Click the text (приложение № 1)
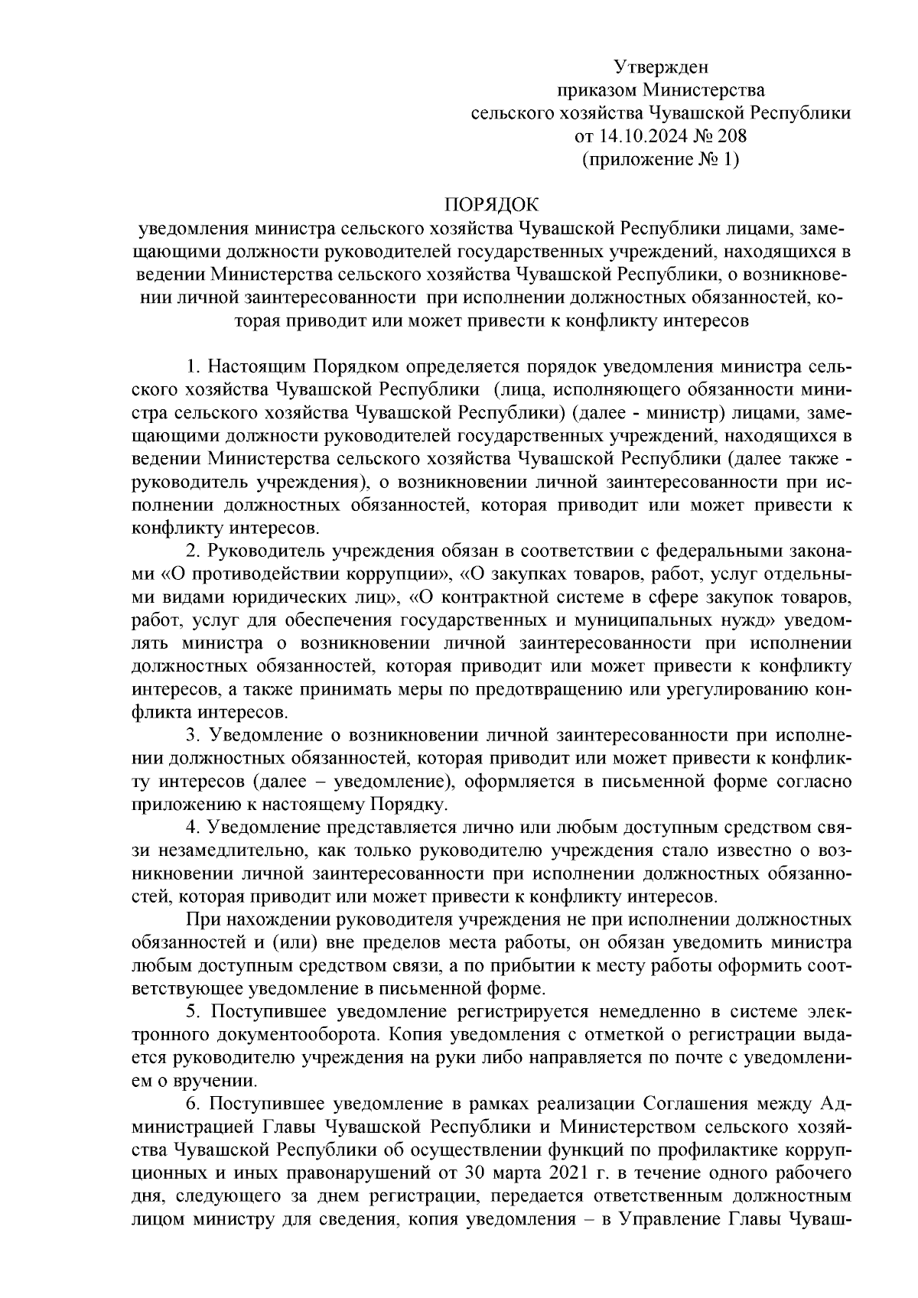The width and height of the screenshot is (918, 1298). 660,160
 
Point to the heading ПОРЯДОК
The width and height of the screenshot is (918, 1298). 492,205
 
